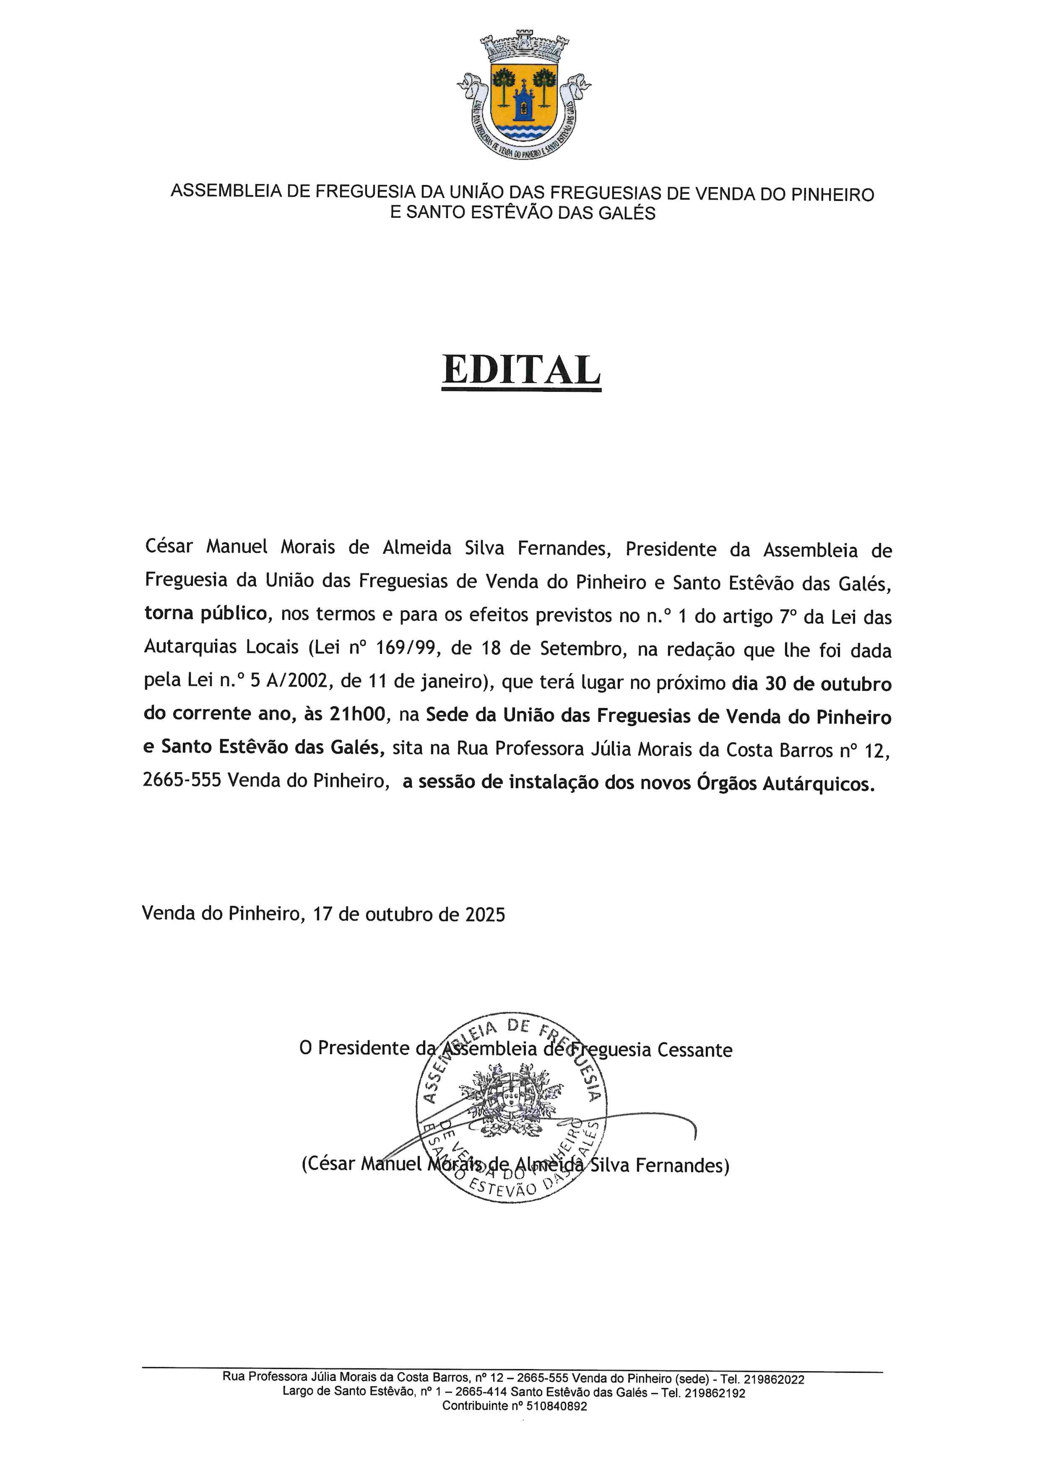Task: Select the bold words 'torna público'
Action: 205,614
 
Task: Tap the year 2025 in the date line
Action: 485,914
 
